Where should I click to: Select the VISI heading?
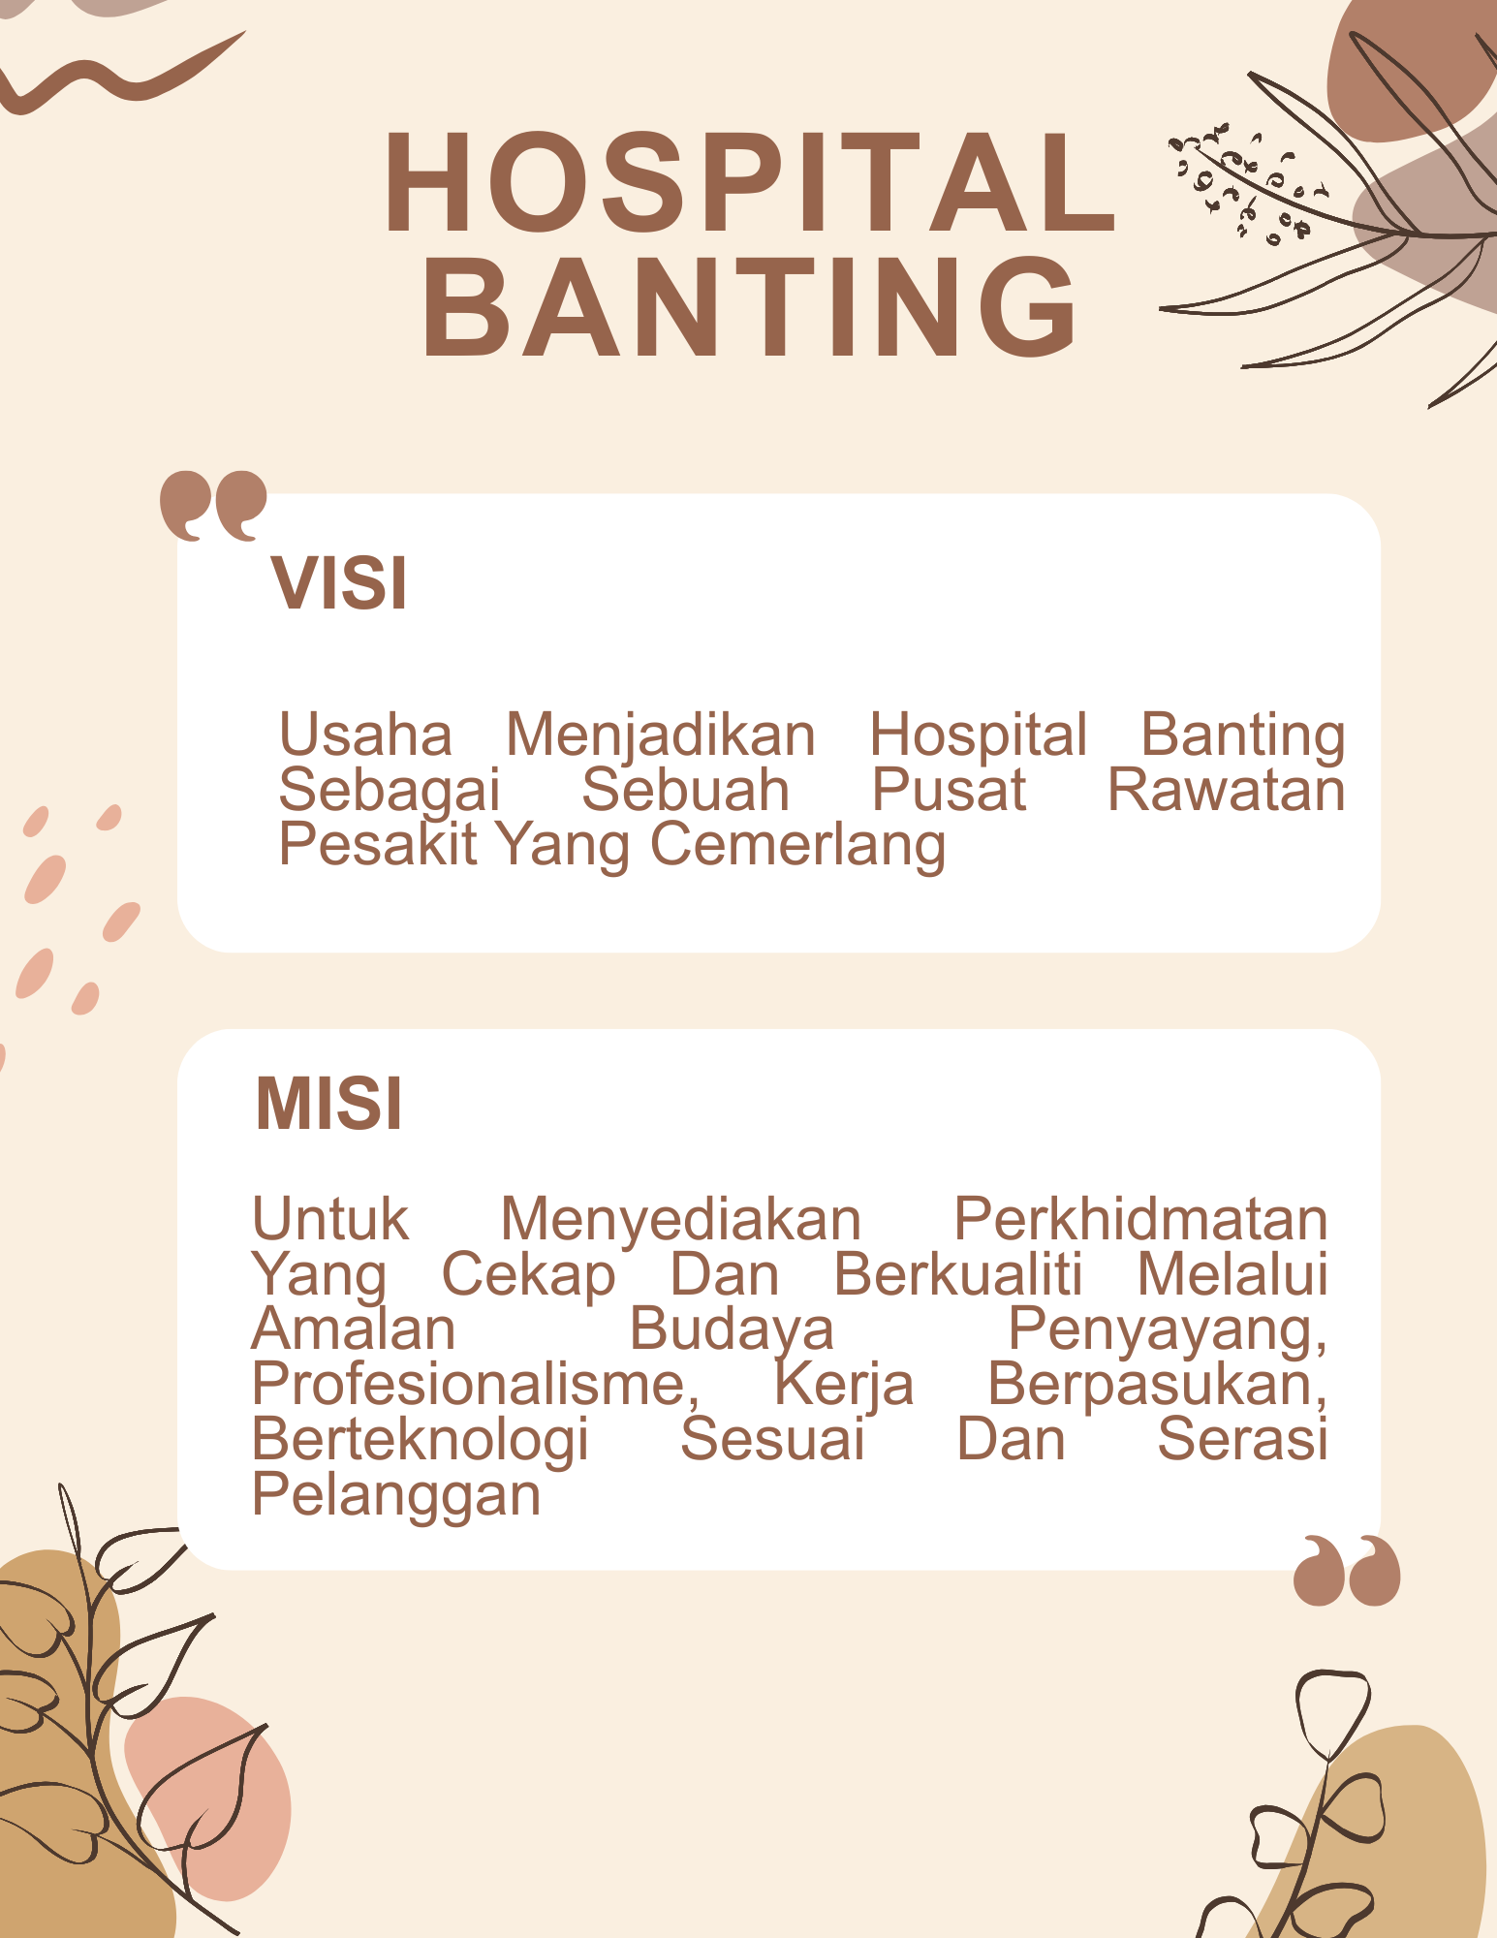coord(339,583)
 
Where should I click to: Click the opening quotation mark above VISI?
coord(213,504)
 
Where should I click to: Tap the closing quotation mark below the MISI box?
coord(1347,1570)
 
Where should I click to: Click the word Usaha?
coord(365,735)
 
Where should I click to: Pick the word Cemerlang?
coord(797,845)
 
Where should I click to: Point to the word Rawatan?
coord(1226,790)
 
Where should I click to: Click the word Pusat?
coord(948,790)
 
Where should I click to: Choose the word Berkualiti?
coord(957,1274)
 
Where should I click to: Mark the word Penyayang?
coord(1167,1330)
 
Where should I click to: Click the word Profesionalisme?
coord(475,1384)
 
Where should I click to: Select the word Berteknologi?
coord(420,1439)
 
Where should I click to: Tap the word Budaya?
coord(731,1329)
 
